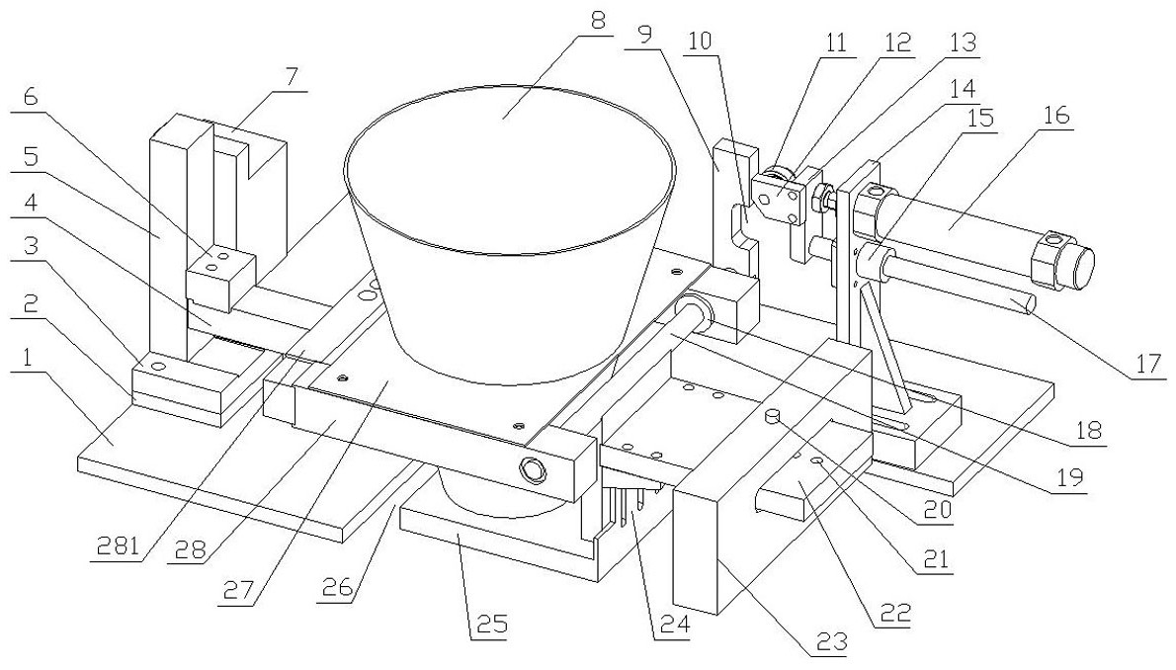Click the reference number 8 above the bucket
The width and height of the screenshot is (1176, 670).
[x=597, y=20]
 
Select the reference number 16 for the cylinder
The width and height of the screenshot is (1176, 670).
[x=1056, y=117]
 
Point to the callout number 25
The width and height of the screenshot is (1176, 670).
[x=489, y=625]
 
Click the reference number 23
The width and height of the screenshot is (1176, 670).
[x=834, y=641]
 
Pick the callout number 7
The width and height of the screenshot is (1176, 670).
[x=291, y=75]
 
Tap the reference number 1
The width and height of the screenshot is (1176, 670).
[x=28, y=359]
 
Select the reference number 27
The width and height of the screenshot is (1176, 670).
[x=237, y=588]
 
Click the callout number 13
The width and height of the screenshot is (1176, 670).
[x=962, y=42]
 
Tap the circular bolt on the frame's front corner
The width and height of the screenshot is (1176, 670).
[x=533, y=471]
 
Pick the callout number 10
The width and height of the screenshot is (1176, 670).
[x=702, y=41]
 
